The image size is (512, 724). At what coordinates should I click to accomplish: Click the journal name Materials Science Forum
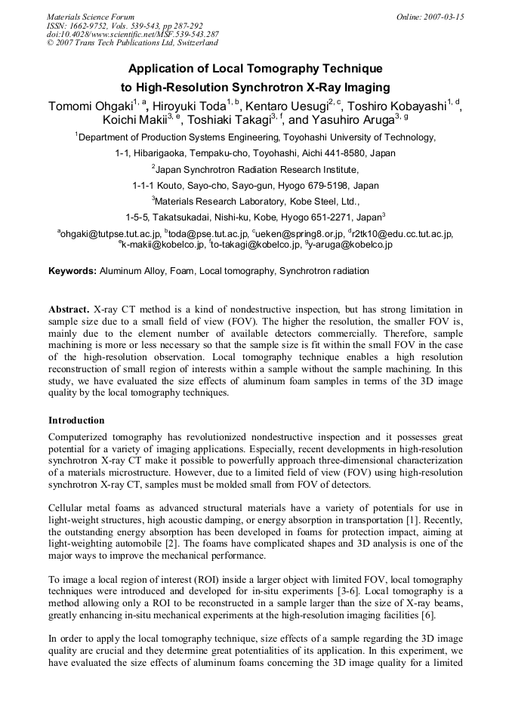click(x=91, y=17)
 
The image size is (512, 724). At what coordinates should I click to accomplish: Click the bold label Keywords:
click(x=72, y=270)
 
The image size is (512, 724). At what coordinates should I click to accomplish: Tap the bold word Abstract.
click(x=69, y=310)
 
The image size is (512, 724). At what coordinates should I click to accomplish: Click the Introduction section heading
click(x=76, y=420)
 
